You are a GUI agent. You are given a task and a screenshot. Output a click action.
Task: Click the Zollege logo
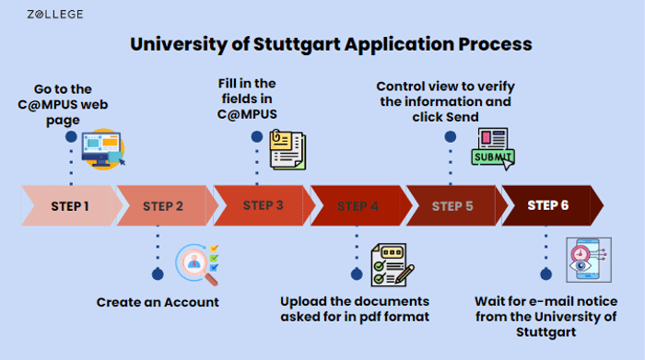coord(55,15)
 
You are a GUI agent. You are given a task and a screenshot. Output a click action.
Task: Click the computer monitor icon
coord(103,149)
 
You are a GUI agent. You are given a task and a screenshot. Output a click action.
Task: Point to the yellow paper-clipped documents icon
coord(287,149)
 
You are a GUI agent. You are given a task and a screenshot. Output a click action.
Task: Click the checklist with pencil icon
coord(393,264)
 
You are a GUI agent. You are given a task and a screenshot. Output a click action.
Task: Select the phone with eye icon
coord(589,260)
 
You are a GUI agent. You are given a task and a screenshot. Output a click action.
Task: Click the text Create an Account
coord(158,303)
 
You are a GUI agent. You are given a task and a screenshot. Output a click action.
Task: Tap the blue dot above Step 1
coord(71,137)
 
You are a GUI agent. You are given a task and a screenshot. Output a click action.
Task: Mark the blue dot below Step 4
coord(357,274)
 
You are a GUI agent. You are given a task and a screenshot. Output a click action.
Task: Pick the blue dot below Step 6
coord(545,274)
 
